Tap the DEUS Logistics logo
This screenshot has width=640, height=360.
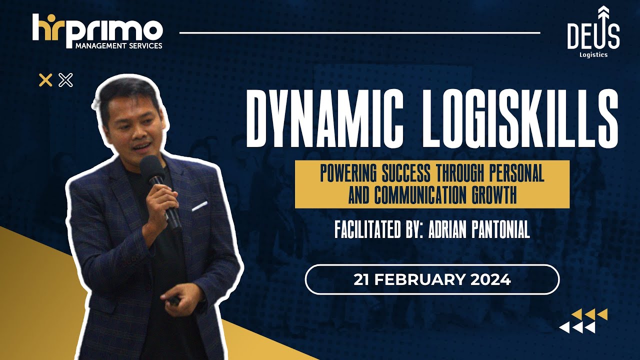(593, 31)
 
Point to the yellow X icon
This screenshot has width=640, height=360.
(45, 80)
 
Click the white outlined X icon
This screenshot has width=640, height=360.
(65, 80)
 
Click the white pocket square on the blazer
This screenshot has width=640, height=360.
(199, 205)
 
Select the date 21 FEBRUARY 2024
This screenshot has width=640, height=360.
(432, 279)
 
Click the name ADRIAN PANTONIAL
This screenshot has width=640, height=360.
(479, 230)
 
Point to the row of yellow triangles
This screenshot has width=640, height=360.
(589, 314)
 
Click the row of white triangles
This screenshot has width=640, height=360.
(577, 327)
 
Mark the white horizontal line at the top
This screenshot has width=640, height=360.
(359, 33)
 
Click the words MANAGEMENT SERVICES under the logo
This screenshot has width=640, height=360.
(118, 46)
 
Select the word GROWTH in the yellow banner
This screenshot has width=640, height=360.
(494, 195)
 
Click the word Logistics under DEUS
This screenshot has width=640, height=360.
(593, 55)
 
